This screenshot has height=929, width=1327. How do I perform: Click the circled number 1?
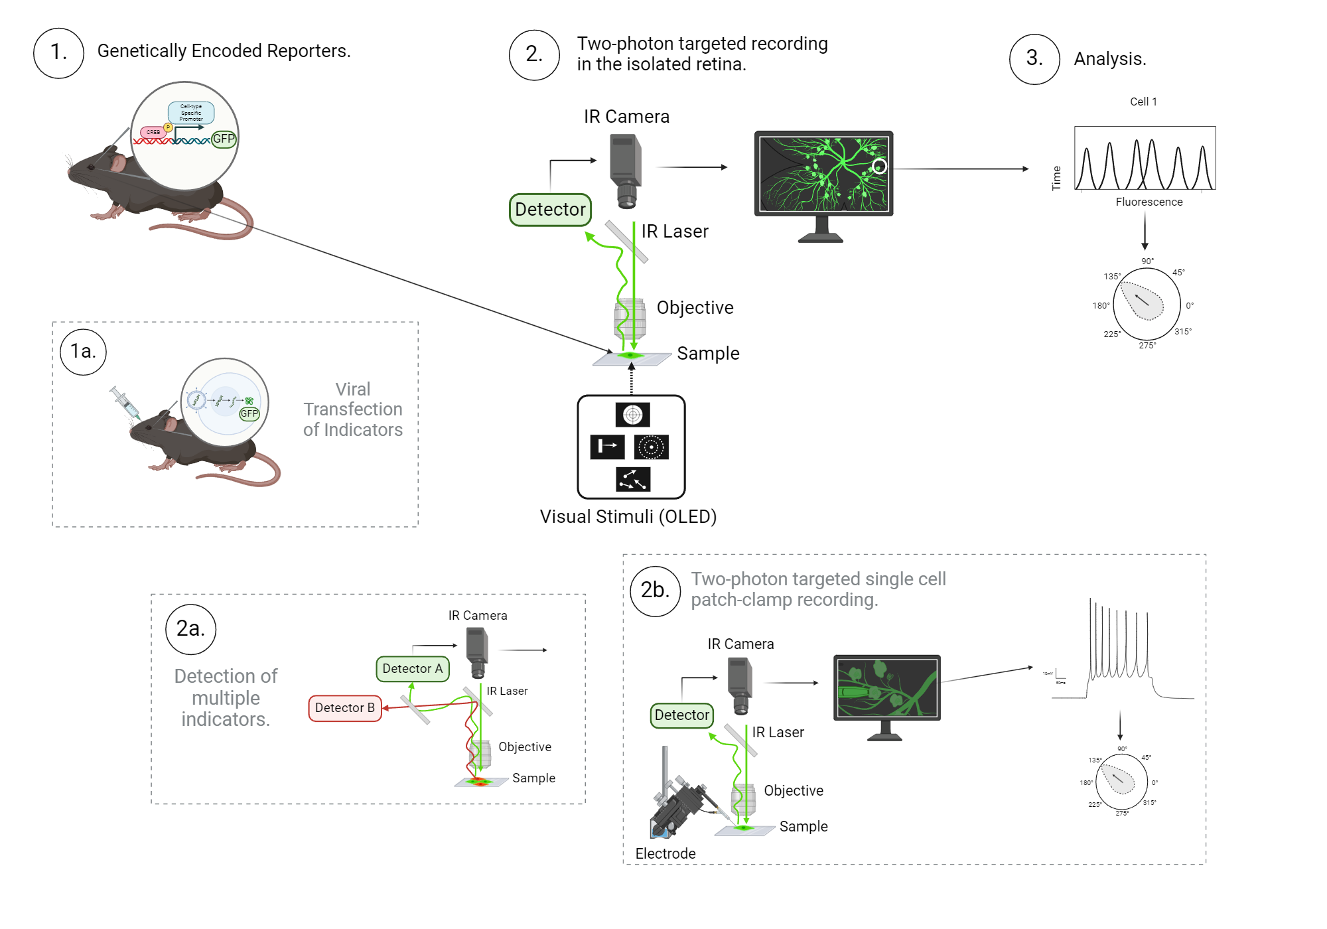click(58, 53)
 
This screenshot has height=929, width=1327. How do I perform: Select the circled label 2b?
click(655, 591)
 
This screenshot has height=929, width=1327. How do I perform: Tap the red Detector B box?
click(344, 708)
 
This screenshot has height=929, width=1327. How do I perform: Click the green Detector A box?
click(412, 669)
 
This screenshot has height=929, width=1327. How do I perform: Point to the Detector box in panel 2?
click(550, 210)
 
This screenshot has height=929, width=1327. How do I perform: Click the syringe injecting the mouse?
click(125, 402)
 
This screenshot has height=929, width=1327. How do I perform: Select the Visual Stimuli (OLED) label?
click(628, 516)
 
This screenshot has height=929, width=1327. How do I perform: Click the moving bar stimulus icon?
click(607, 447)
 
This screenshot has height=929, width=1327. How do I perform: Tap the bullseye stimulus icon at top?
click(632, 415)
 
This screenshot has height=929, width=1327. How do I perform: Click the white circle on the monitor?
click(879, 167)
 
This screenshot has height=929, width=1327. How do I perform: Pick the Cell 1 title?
click(1143, 102)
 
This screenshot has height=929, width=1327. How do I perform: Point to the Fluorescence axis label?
click(1149, 202)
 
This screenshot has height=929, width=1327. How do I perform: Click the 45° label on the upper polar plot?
click(1178, 272)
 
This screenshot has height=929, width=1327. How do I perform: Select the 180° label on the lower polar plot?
click(1086, 783)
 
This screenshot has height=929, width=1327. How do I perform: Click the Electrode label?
click(665, 853)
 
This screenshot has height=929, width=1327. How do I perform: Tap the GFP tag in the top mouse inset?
click(224, 139)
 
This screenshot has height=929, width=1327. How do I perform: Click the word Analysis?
click(1109, 59)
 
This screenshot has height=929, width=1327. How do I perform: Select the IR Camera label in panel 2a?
click(477, 615)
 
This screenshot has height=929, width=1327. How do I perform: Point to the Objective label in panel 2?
click(695, 307)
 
